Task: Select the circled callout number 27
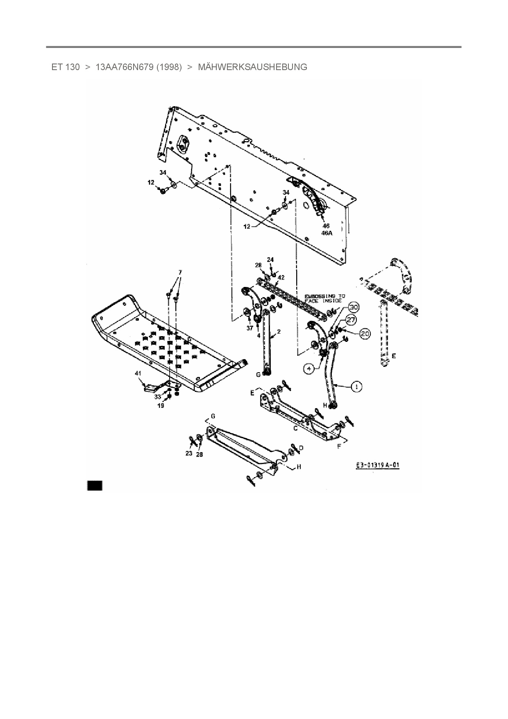click(352, 320)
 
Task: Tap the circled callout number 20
click(365, 334)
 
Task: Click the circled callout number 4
click(309, 369)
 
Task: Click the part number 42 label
click(281, 277)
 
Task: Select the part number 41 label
click(138, 373)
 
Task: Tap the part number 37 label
click(249, 328)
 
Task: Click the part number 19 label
click(161, 405)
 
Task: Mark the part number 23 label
click(189, 453)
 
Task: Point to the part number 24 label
click(270, 259)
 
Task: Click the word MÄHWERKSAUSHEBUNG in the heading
click(252, 67)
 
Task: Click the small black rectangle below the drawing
click(95, 485)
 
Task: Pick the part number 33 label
click(158, 397)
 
